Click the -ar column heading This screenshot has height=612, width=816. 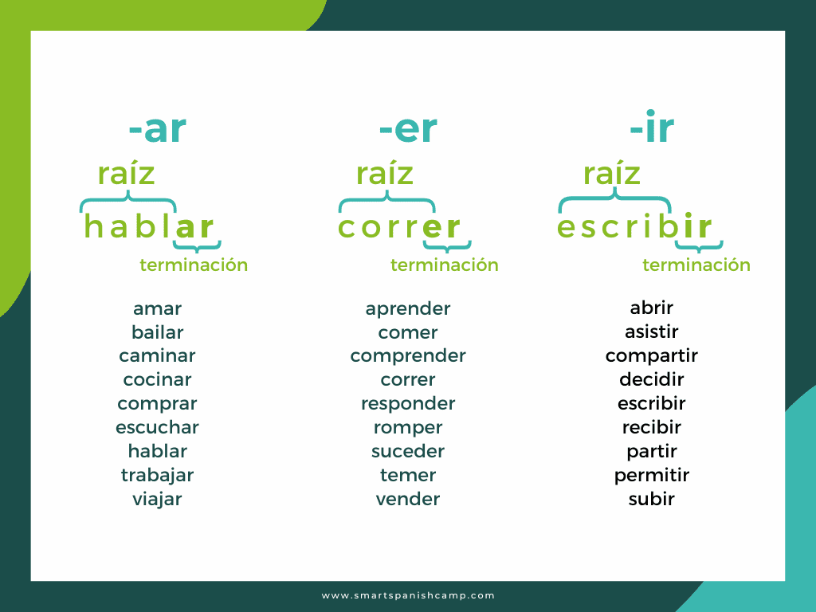(x=157, y=130)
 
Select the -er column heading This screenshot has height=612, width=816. (x=408, y=130)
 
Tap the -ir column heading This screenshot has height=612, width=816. (x=652, y=130)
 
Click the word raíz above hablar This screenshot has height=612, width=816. (x=126, y=173)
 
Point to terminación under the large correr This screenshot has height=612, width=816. (x=445, y=265)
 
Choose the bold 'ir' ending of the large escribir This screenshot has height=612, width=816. (x=697, y=227)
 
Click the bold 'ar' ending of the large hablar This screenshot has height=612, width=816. (x=195, y=227)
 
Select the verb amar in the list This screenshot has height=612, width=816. (x=157, y=308)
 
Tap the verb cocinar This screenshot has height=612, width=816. (x=157, y=379)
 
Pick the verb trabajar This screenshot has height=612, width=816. (x=157, y=475)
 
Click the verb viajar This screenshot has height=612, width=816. (x=157, y=499)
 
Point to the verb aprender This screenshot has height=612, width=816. (x=408, y=308)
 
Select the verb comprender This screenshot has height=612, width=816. (x=408, y=355)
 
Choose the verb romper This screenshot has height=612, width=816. (x=408, y=427)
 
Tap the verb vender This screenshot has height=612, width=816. (x=408, y=499)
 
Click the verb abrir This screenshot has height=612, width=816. (x=652, y=308)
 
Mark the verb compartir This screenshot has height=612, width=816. (x=652, y=355)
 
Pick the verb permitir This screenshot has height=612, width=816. (x=652, y=475)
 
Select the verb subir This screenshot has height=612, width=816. (x=652, y=499)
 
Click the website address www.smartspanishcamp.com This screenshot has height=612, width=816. (x=408, y=595)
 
